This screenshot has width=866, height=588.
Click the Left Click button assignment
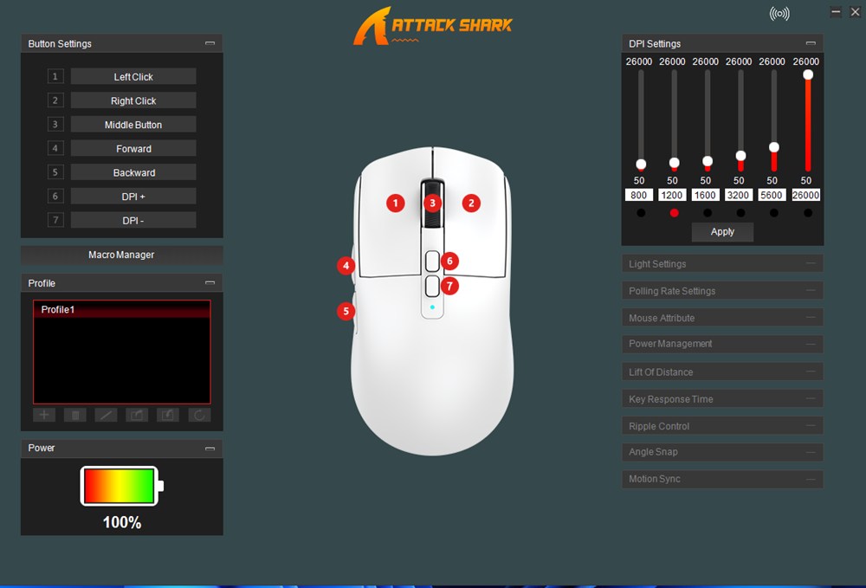pos(133,77)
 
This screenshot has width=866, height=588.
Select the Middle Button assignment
pos(133,125)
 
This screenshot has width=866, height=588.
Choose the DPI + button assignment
pos(133,197)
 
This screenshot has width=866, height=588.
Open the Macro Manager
pos(121,255)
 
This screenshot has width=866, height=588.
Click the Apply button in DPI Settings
pos(722,232)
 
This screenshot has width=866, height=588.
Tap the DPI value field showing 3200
pos(738,195)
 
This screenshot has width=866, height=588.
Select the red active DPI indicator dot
pos(674,212)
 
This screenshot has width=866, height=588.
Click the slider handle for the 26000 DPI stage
pos(808,74)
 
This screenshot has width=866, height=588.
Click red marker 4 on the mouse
pos(346,266)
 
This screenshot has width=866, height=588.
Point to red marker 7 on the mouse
pos(449,286)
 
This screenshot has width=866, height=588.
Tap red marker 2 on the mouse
pos(471,204)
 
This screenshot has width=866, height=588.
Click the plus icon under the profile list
pos(44,415)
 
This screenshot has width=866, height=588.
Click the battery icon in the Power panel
pos(121,486)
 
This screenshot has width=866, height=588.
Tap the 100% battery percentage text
pos(122,522)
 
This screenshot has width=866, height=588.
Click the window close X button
pos(855,12)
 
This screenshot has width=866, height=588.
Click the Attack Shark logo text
pos(452,25)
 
